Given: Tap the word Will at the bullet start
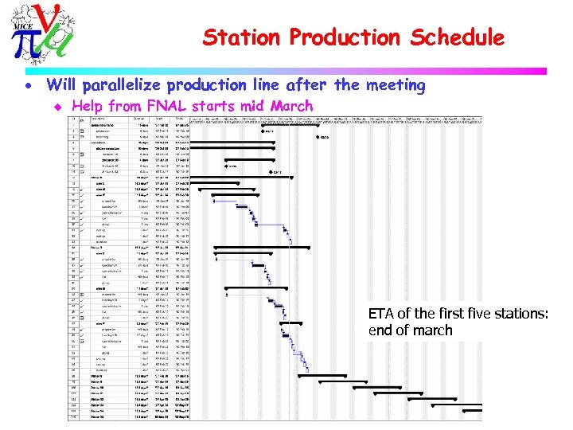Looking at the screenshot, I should [x=63, y=85].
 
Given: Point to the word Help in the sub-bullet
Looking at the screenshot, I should [x=88, y=106].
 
